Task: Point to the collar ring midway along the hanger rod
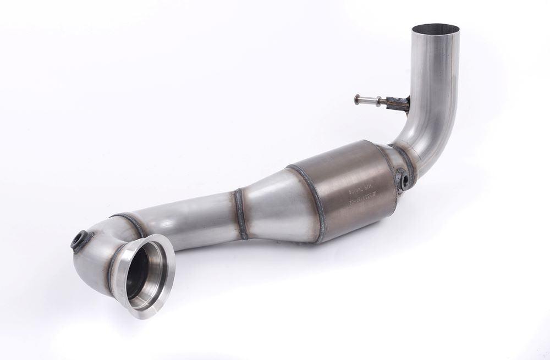378,101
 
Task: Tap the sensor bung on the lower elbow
81,240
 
